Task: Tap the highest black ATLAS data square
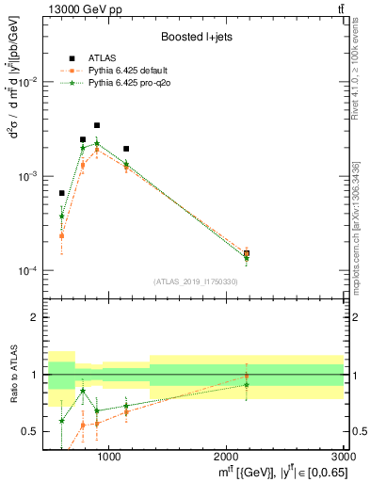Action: pos(96,125)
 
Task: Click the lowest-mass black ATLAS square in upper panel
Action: pos(62,193)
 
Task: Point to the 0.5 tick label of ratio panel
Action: pos(31,431)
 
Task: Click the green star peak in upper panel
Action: pos(96,143)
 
